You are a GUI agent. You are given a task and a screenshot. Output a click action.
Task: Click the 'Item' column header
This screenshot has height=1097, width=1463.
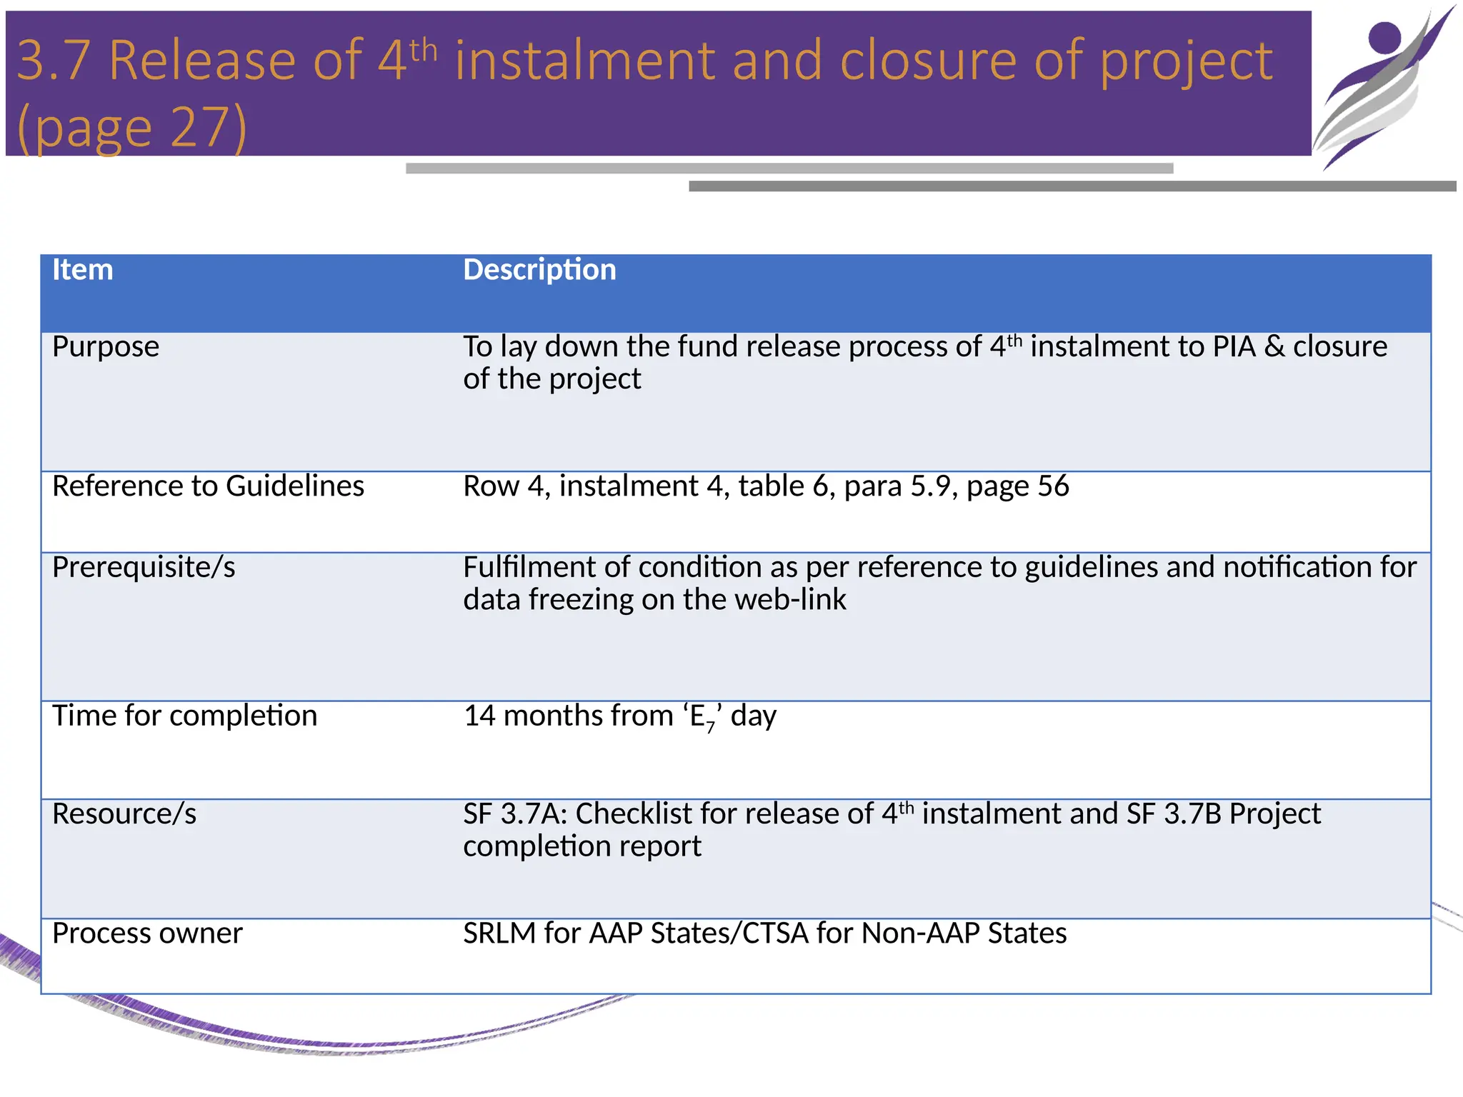click(83, 271)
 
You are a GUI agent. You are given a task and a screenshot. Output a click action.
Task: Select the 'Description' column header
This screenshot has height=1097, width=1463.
click(539, 271)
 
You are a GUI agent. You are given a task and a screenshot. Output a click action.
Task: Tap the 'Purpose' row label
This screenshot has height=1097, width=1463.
click(106, 347)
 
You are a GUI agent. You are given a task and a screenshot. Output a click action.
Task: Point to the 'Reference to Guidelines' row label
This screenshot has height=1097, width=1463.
click(208, 486)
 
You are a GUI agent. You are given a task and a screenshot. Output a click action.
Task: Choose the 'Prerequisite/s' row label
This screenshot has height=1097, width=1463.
click(144, 568)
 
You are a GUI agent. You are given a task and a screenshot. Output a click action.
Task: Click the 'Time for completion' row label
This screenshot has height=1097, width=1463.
click(184, 716)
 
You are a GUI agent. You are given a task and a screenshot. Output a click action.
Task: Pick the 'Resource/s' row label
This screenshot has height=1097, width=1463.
click(124, 814)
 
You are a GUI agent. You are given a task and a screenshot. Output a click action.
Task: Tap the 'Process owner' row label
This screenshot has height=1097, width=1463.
click(147, 934)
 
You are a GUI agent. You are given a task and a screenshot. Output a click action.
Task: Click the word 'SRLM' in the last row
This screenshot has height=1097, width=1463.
click(499, 934)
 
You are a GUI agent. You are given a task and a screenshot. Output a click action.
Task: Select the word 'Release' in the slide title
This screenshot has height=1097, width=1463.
click(202, 61)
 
